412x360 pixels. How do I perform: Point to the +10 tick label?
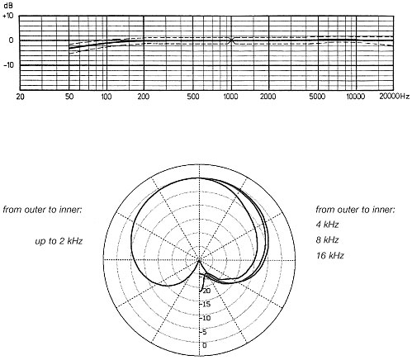pos(8,16)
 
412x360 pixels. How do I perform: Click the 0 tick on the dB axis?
pos(11,40)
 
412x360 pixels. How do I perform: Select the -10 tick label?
pos(8,65)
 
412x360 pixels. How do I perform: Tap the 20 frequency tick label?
pos(21,97)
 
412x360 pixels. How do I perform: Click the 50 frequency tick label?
pos(69,97)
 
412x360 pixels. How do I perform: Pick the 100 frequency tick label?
pos(107,97)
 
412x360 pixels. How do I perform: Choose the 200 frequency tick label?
pos(144,97)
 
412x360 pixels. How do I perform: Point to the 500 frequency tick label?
pos(192,97)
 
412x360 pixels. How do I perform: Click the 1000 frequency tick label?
pos(230,97)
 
